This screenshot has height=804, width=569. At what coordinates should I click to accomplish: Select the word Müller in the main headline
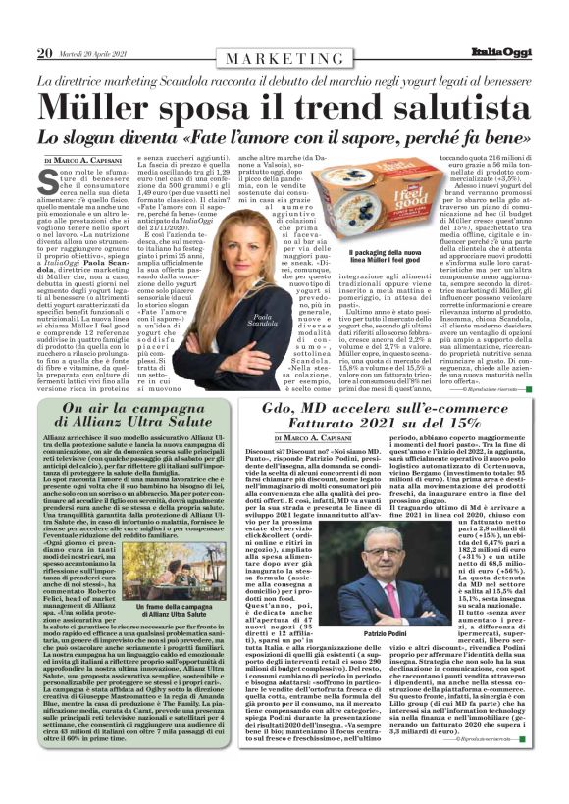coord(96,105)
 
